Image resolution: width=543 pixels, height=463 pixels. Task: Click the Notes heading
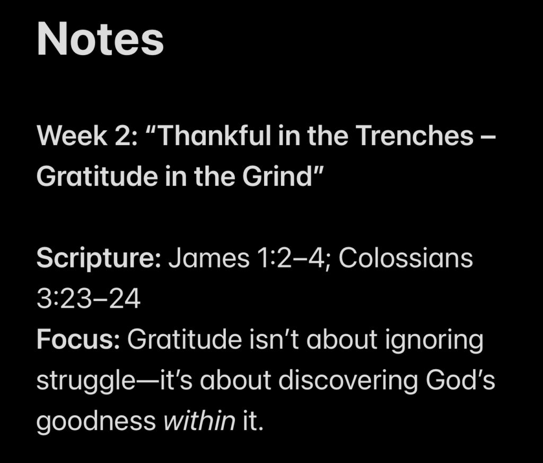click(100, 39)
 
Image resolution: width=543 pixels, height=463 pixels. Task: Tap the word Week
click(72, 135)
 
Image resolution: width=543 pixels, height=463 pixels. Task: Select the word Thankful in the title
click(214, 135)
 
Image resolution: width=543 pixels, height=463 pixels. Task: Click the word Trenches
click(415, 135)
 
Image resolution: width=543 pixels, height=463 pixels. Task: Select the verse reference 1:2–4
click(291, 258)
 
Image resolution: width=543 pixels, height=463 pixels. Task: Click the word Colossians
click(406, 258)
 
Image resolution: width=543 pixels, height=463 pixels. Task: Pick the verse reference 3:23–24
click(89, 299)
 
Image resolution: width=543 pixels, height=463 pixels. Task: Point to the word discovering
click(348, 380)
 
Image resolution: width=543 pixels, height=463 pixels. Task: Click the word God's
click(460, 380)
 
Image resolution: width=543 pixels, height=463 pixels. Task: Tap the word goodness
click(97, 422)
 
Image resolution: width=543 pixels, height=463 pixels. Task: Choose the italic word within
click(199, 421)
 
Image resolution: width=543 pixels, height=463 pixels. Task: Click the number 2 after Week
click(124, 135)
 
